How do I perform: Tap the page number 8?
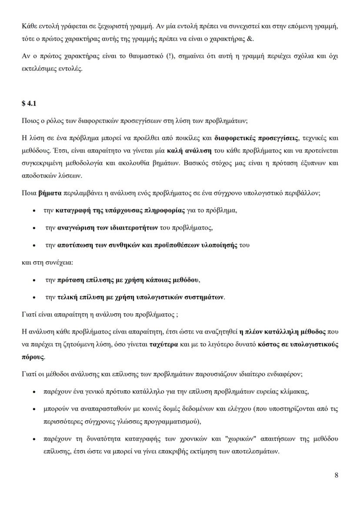click(x=336, y=475)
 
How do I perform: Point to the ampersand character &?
click(x=250, y=39)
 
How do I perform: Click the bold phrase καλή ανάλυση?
click(x=189, y=151)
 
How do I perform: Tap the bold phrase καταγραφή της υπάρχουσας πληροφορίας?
click(x=120, y=210)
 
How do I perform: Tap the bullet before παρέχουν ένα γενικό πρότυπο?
click(x=34, y=392)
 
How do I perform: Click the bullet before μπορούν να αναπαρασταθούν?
click(x=34, y=409)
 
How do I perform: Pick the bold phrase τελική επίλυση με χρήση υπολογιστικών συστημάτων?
click(x=140, y=297)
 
